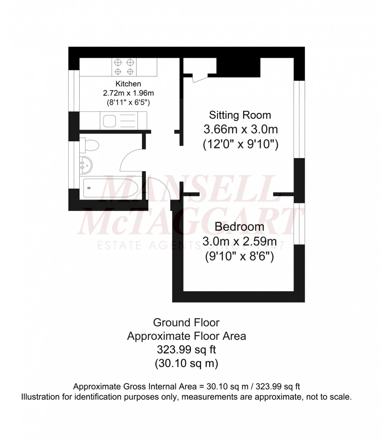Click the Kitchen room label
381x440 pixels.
pyautogui.click(x=128, y=84)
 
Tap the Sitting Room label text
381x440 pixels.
pyautogui.click(x=240, y=115)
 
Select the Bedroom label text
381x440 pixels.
pyautogui.click(x=239, y=226)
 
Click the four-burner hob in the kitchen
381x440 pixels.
pyautogui.click(x=124, y=66)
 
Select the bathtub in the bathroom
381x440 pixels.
pyautogui.click(x=109, y=189)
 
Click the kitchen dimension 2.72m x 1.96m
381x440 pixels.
pyautogui.click(x=128, y=93)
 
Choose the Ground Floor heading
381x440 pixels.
pyautogui.click(x=186, y=322)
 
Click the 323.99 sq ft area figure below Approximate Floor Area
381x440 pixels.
pyautogui.click(x=186, y=350)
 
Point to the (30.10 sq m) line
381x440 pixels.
pyautogui.click(x=186, y=363)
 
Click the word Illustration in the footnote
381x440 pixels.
pyautogui.click(x=38, y=397)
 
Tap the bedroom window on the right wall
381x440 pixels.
pyautogui.click(x=299, y=224)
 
